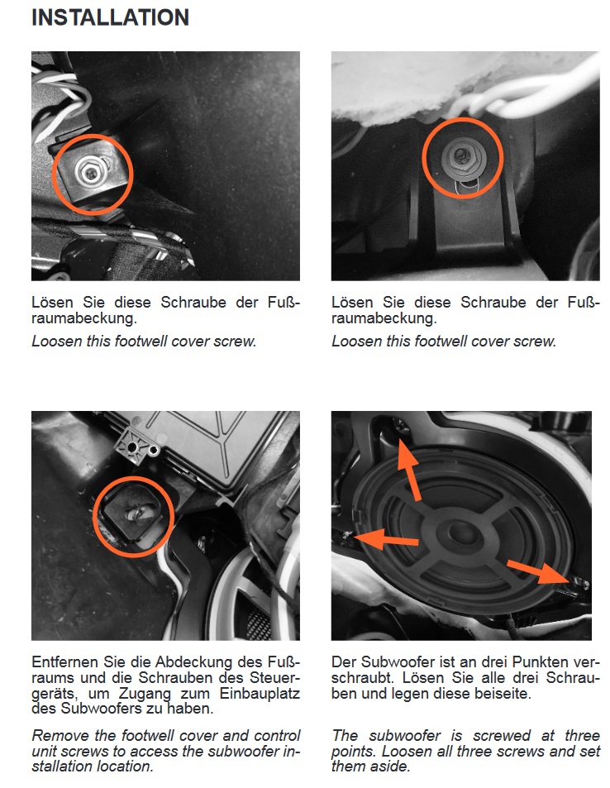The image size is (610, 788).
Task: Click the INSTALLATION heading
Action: click(x=110, y=17)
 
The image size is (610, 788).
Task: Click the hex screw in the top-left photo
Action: click(x=90, y=172)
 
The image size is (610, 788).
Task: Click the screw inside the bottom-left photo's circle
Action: click(x=135, y=514)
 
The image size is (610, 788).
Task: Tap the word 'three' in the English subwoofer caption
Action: click(x=582, y=735)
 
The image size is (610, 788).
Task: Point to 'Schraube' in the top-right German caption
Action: click(x=493, y=303)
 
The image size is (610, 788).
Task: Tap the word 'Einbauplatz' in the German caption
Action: click(x=260, y=694)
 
